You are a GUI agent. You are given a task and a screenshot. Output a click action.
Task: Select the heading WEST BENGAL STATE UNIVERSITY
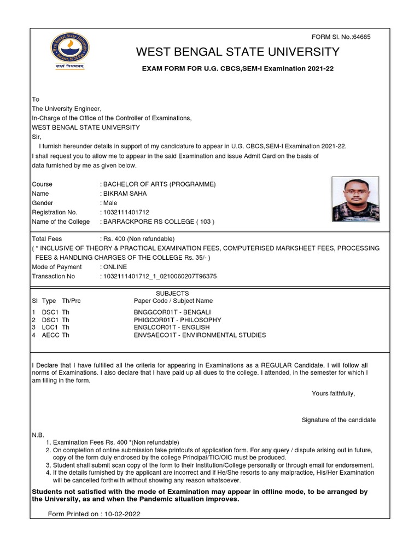click(x=238, y=52)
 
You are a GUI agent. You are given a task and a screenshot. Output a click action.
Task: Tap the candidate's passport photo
click(x=355, y=199)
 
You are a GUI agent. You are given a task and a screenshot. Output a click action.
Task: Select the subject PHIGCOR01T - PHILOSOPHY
click(x=178, y=319)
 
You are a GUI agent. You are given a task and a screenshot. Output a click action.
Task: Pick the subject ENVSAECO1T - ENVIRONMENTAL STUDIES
click(x=200, y=335)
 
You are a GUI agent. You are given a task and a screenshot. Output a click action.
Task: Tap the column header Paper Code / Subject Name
click(x=173, y=301)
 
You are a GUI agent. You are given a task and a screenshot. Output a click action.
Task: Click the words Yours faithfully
click(x=333, y=393)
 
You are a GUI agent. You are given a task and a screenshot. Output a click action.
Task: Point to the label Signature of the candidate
click(x=339, y=420)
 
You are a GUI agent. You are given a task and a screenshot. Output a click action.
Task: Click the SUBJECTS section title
click(x=172, y=294)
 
